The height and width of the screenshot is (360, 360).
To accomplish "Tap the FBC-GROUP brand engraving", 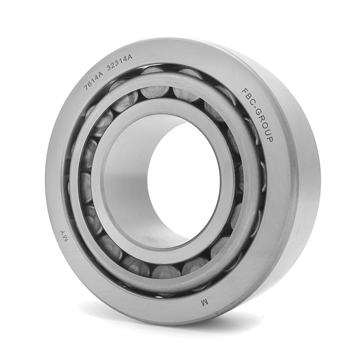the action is [x=257, y=115].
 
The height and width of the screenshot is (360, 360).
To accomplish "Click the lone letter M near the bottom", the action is [x=204, y=303].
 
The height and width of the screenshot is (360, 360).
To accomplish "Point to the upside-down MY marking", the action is [x=64, y=236].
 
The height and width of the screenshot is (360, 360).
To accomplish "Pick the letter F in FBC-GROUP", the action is [x=245, y=92].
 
